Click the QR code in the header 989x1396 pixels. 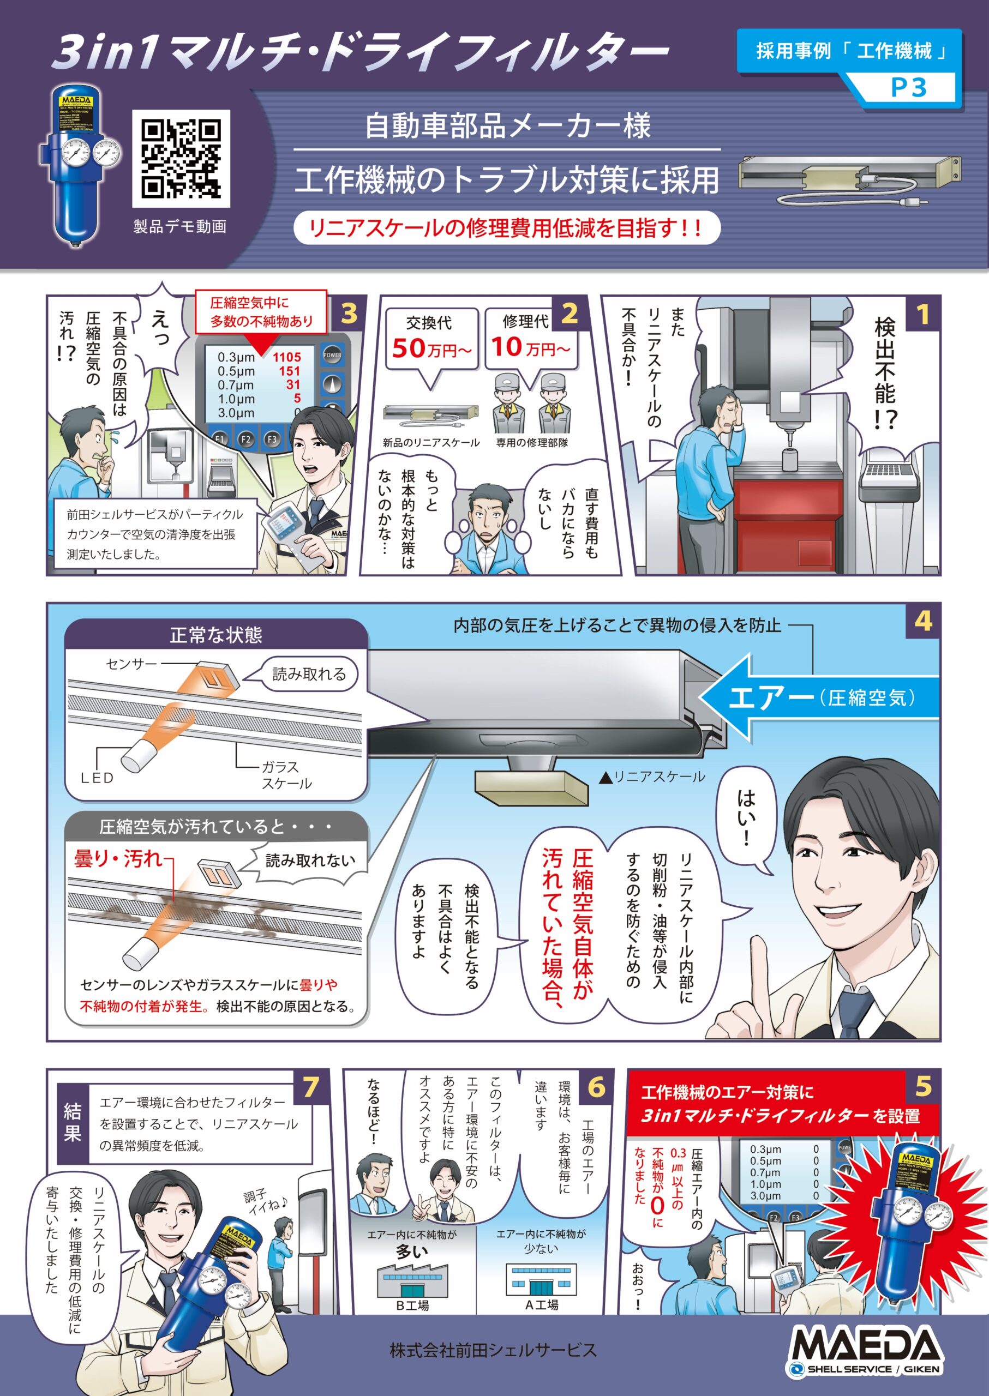pos(181,158)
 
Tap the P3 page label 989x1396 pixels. pos(908,88)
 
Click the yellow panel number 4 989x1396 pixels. pos(923,621)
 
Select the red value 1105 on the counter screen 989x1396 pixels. pos(286,357)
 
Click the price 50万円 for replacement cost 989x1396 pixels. pos(431,349)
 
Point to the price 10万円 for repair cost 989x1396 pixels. pos(530,347)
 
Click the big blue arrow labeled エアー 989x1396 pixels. pos(816,697)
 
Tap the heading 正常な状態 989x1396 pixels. pos(215,635)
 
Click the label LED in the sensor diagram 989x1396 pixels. pos(98,778)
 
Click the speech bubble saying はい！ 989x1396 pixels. pos(747,816)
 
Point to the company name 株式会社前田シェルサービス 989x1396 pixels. pos(493,1350)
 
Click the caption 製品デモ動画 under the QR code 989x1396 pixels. pos(180,226)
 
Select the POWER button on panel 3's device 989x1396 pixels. pos(332,355)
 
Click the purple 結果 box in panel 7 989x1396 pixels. pos(73,1123)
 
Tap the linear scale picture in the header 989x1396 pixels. pos(849,180)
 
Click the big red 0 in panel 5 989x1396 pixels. pos(658,1206)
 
